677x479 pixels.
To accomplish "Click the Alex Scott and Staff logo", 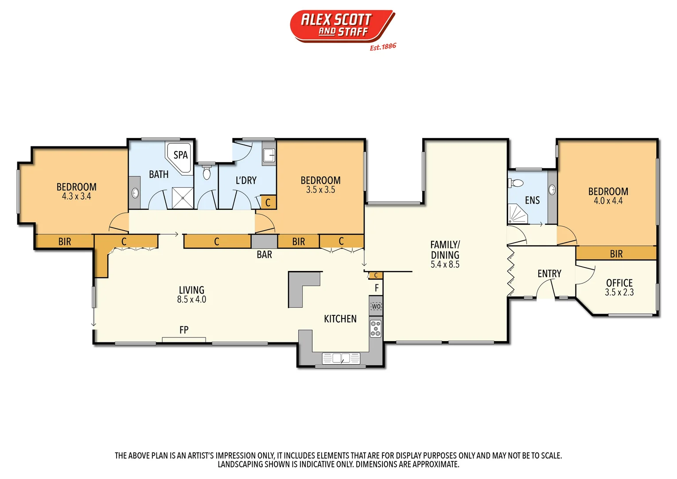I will tap(342, 26).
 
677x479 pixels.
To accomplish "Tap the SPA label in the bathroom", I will tap(181, 155).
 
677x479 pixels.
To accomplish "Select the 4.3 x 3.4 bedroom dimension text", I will tap(76, 196).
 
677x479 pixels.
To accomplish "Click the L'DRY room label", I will tap(246, 181).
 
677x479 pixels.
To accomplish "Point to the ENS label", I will tap(532, 200).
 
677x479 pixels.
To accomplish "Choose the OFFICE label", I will tap(619, 283).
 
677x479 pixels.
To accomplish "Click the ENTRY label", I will tap(549, 274).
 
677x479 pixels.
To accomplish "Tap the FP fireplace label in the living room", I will tap(184, 330).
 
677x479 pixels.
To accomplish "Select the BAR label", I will tap(265, 255).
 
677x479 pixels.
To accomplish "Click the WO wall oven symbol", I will tap(376, 306).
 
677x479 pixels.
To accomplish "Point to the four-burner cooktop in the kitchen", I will tap(376, 329).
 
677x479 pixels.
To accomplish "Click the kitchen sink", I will tap(341, 358).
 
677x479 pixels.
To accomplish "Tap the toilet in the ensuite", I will tap(516, 183).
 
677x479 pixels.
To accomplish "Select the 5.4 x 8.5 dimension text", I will tap(445, 265).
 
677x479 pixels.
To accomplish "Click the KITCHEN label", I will tap(340, 319).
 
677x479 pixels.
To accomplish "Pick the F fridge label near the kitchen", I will tap(377, 288).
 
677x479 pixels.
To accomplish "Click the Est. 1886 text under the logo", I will tap(383, 47).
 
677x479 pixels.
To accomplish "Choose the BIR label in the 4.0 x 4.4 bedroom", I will tap(616, 254).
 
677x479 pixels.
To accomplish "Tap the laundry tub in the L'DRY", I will tap(268, 155).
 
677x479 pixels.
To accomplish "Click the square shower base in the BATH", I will tap(183, 198).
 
